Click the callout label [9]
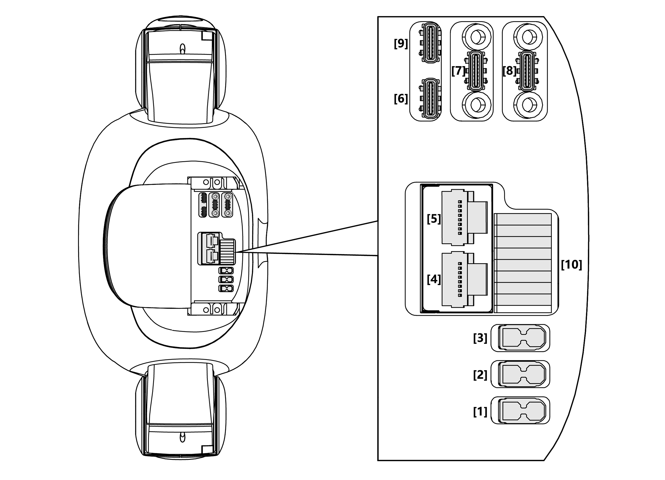point(401,44)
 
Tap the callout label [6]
point(401,99)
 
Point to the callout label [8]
point(509,71)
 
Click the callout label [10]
point(571,265)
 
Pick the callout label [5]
point(434,219)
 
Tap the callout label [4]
point(434,279)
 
